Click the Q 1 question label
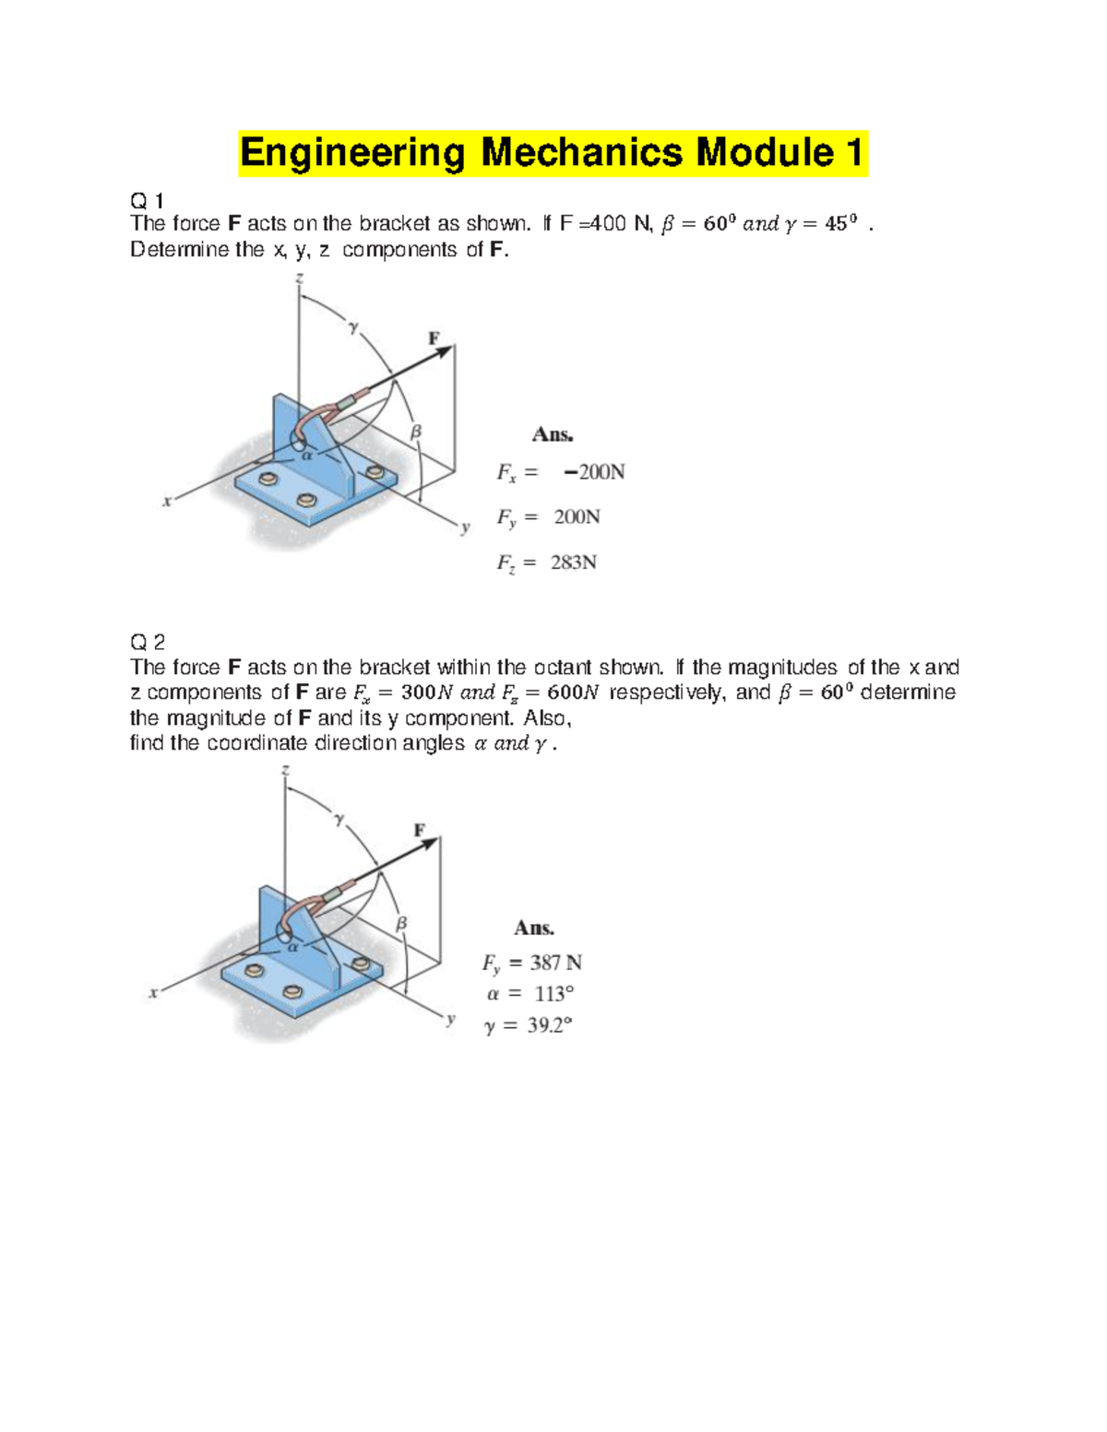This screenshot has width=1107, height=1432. coord(147,200)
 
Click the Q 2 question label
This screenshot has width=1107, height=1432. coord(147,642)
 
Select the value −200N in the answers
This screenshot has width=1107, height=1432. coord(594,472)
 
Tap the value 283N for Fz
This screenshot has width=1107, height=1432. coord(574,562)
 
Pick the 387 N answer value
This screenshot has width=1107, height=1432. coord(555,963)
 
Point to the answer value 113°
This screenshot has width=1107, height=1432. coord(553,994)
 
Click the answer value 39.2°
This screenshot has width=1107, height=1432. coord(550,1025)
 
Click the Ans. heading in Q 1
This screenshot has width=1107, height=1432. coord(553,434)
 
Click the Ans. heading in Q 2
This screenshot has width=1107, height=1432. coord(534,928)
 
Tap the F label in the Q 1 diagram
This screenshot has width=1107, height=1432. coord(434,338)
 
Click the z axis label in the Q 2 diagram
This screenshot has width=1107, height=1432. coord(286,769)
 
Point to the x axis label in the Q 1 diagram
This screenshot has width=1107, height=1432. coord(167,502)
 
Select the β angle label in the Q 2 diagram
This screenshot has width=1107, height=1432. coord(401,922)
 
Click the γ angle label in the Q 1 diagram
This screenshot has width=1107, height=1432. coord(352,325)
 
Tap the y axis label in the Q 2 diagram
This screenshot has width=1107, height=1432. coord(451,1019)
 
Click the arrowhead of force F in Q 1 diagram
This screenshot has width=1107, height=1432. coord(446,350)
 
